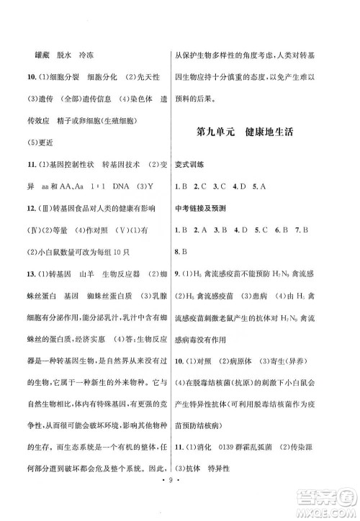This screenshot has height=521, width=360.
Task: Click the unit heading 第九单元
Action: [x=217, y=133]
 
